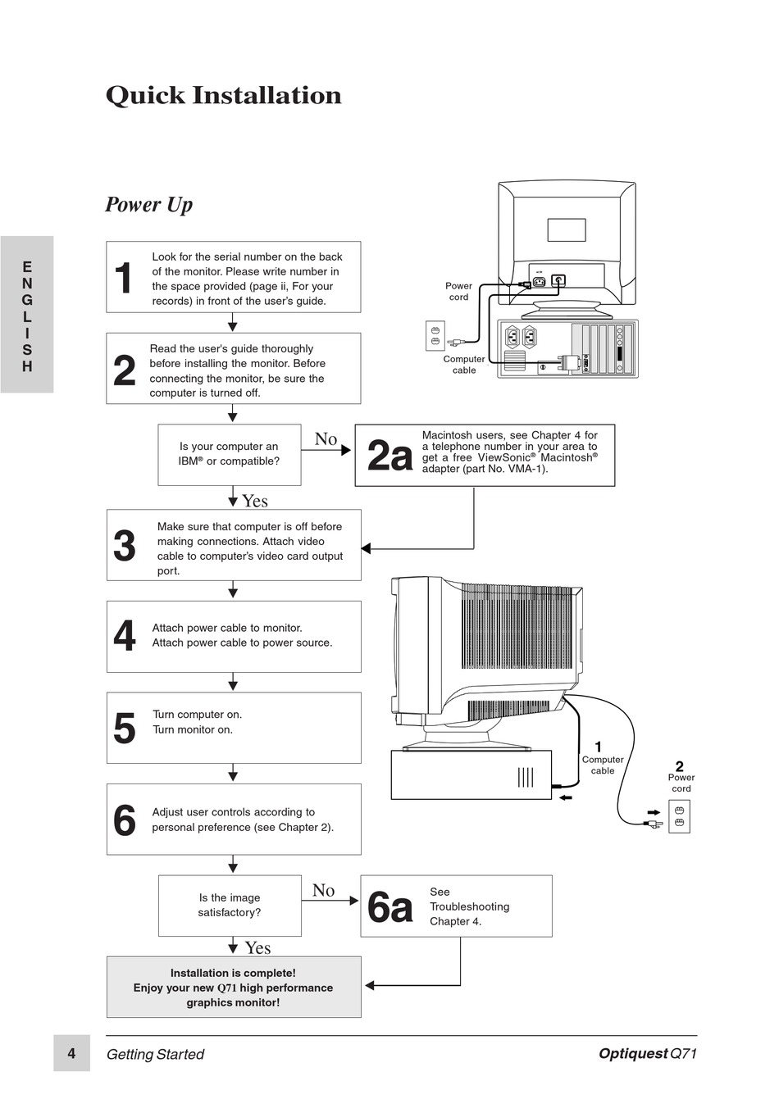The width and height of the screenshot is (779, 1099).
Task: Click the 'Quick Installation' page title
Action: [223, 95]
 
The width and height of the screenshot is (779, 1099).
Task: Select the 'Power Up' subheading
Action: [148, 204]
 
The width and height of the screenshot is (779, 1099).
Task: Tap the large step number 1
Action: [123, 278]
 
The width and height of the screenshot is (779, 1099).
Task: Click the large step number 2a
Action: [389, 456]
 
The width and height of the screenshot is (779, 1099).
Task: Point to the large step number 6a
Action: [389, 907]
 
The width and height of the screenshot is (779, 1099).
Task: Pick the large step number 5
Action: [124, 728]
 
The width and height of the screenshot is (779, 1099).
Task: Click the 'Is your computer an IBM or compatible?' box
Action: [229, 454]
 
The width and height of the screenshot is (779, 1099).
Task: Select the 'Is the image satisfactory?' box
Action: [230, 905]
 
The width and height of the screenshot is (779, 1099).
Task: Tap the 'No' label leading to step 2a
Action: [326, 439]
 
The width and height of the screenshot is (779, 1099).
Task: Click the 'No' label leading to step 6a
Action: [323, 890]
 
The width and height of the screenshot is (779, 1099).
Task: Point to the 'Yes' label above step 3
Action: [254, 501]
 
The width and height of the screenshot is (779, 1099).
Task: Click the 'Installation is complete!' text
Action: [233, 973]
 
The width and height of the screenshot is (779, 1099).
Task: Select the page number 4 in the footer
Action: [71, 1053]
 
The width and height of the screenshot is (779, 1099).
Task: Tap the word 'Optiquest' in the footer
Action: [633, 1054]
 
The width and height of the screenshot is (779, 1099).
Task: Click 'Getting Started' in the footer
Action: [155, 1055]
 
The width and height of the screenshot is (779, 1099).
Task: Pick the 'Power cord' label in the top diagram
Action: [458, 291]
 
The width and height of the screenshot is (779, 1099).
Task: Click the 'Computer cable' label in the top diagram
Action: [463, 365]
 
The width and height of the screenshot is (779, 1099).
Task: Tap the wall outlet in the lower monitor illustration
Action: [679, 816]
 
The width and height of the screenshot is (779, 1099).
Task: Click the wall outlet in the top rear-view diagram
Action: [435, 335]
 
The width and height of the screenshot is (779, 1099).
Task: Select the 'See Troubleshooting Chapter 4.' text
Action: [469, 906]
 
